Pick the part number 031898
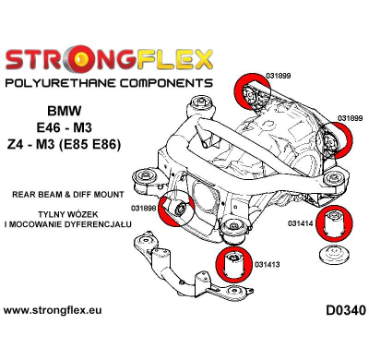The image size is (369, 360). (x=144, y=208)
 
